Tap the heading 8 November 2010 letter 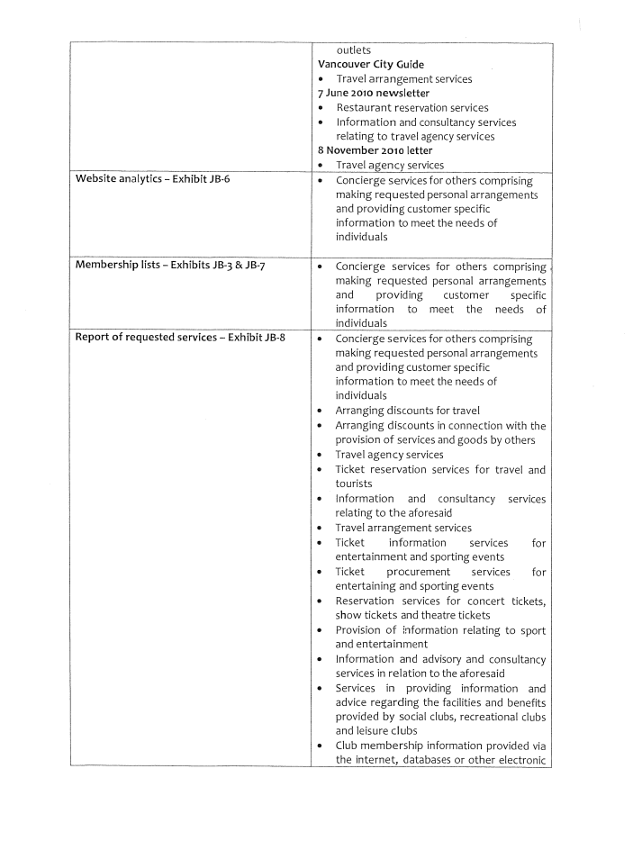tap(375, 150)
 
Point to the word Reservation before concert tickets tap(369, 601)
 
